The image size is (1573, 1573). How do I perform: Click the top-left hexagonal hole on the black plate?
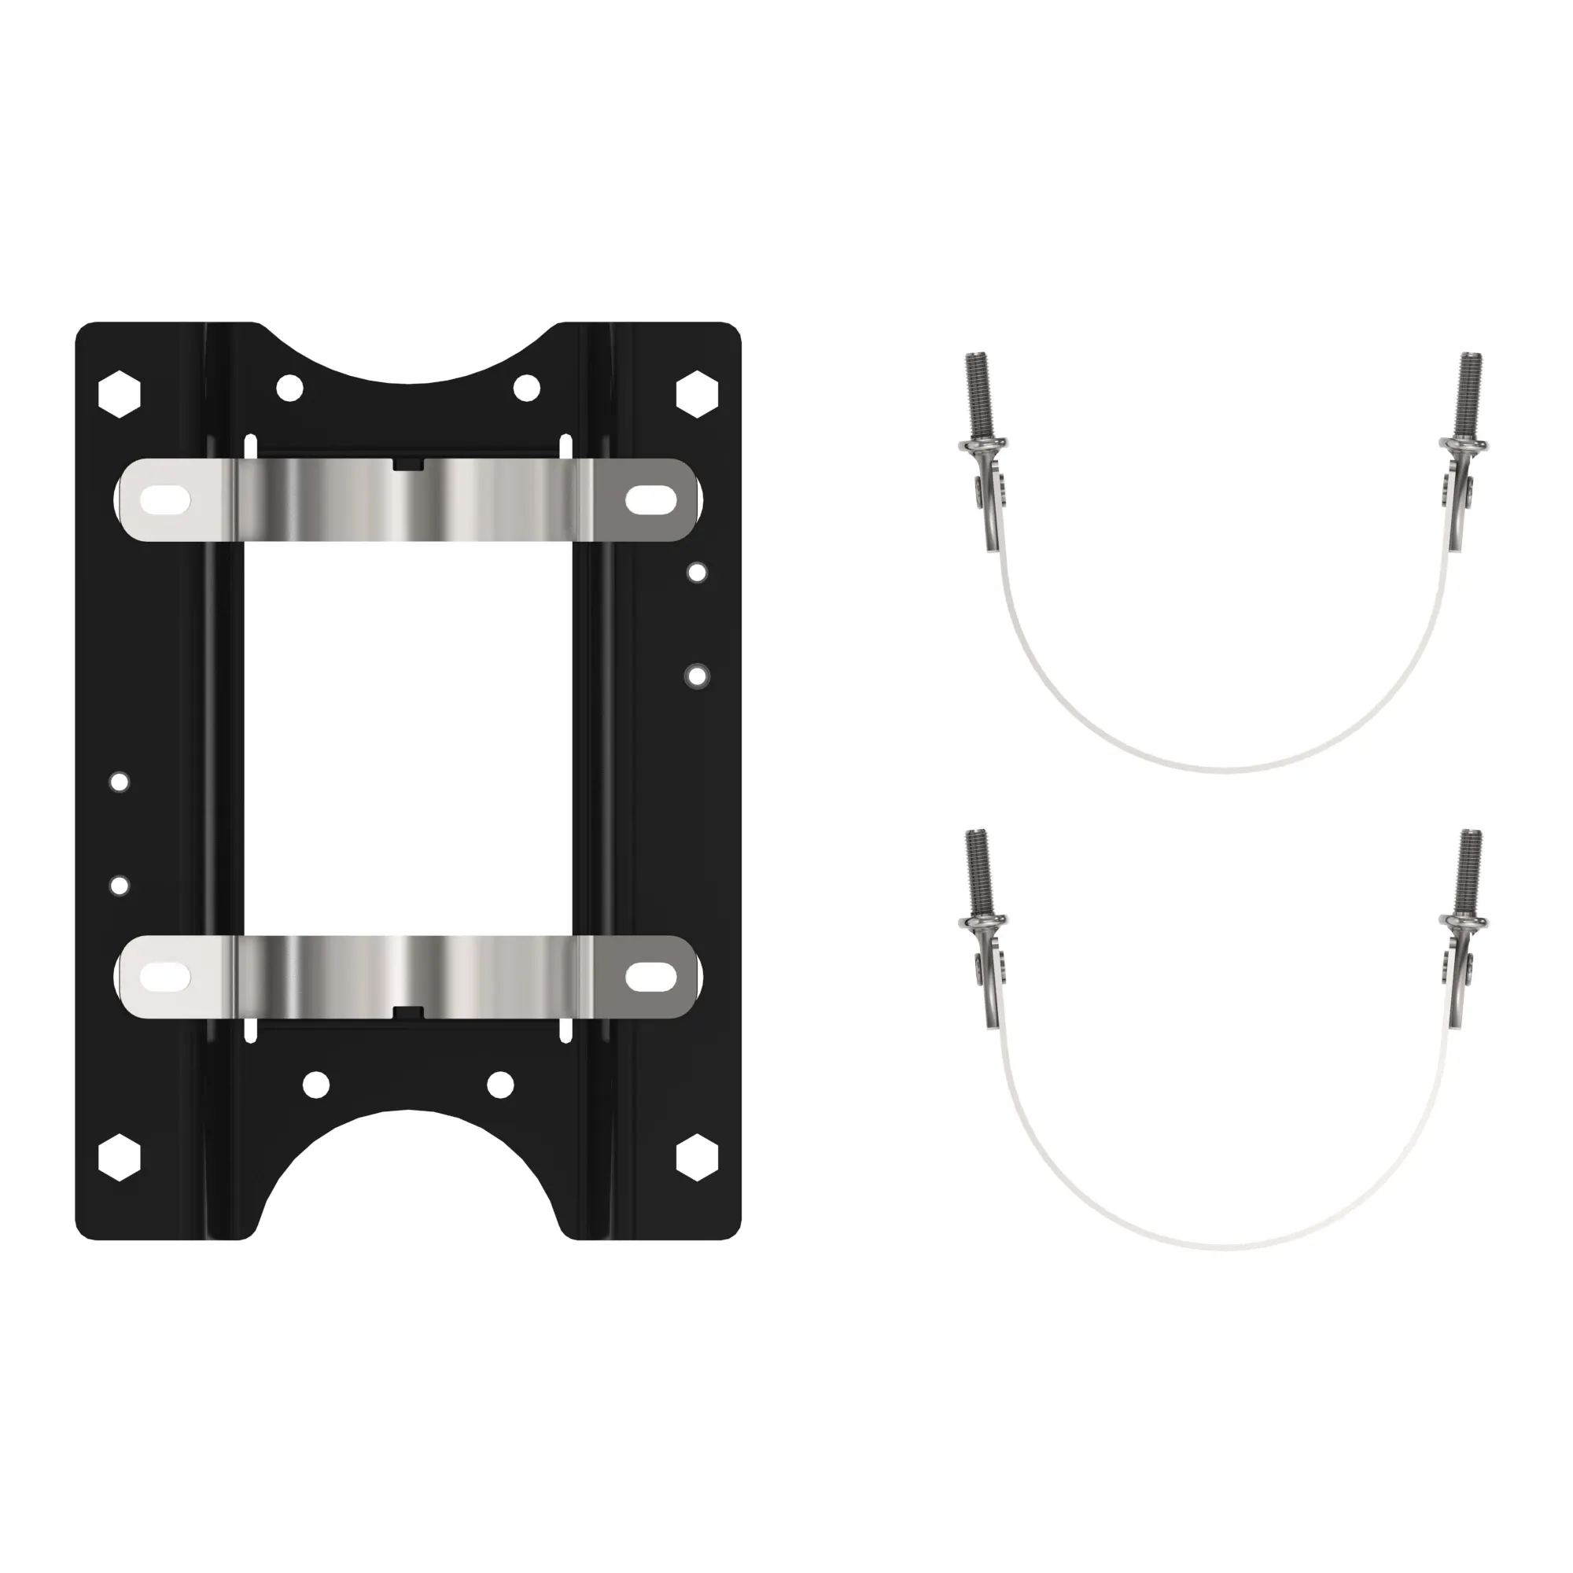point(119,395)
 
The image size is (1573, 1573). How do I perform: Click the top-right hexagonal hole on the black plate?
point(698,395)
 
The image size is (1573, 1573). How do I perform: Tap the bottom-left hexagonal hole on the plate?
point(119,1157)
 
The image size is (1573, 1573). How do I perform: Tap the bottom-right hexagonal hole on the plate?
point(698,1157)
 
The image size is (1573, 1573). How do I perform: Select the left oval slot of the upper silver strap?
point(165,500)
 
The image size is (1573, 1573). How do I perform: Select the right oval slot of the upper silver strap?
point(651,500)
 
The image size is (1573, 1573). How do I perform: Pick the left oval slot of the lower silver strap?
point(165,977)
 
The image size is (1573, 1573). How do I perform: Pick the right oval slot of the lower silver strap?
point(651,977)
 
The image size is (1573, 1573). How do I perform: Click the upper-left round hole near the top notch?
point(290,389)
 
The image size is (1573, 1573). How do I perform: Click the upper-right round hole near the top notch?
point(527,389)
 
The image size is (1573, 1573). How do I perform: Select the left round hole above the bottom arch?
point(316,1085)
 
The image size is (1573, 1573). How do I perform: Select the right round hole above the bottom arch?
point(500,1085)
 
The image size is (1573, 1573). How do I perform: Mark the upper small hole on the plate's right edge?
point(697,573)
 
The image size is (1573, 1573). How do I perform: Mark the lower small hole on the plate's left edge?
point(119,885)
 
